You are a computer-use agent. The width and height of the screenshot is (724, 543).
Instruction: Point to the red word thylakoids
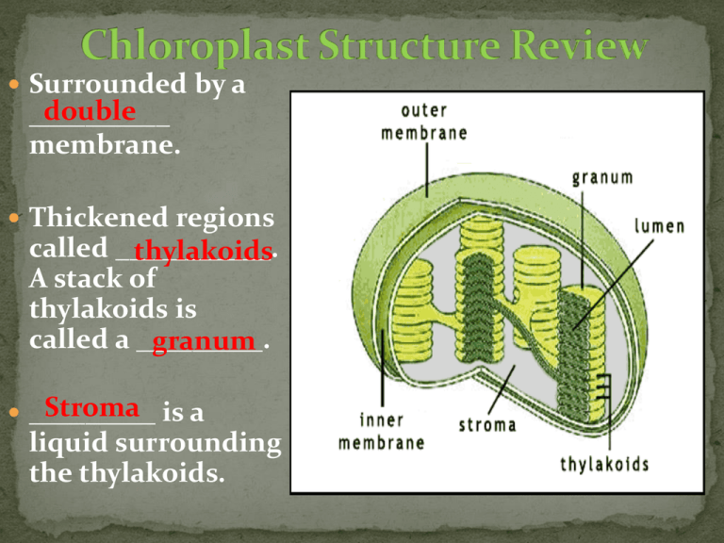tap(203, 252)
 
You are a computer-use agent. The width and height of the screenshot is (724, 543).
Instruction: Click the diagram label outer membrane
tap(423, 123)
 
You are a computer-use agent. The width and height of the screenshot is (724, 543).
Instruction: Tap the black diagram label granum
tap(602, 175)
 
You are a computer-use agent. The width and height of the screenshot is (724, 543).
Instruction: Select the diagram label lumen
tap(659, 226)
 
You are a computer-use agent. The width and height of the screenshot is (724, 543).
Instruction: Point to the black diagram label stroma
tap(487, 424)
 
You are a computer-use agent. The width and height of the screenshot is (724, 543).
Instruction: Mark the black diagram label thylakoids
tap(604, 464)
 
